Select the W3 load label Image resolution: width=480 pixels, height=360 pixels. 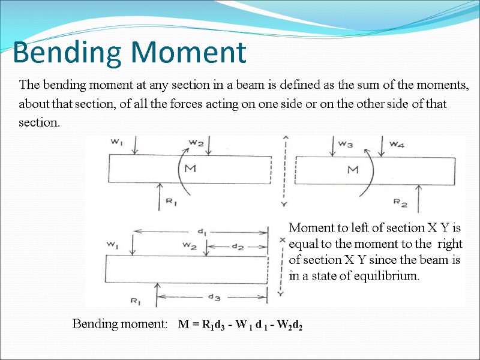click(346, 144)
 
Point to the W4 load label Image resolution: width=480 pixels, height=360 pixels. click(397, 144)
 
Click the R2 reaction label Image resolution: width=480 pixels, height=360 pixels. click(400, 204)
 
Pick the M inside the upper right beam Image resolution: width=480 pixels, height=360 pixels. click(353, 170)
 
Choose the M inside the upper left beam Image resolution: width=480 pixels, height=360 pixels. click(190, 169)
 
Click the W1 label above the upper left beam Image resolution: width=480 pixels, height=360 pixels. click(116, 142)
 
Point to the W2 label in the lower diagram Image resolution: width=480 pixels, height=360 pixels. click(190, 245)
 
